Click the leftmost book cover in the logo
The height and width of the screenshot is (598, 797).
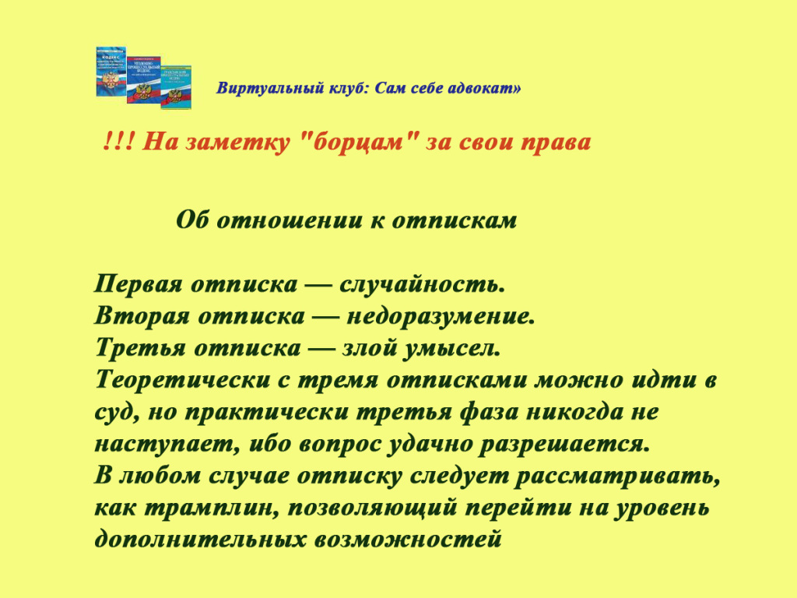pyautogui.click(x=111, y=72)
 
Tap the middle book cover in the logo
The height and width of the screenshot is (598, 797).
pyautogui.click(x=144, y=80)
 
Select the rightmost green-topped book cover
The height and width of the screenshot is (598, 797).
pyautogui.click(x=176, y=87)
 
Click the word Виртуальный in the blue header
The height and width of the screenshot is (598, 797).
pyautogui.click(x=271, y=88)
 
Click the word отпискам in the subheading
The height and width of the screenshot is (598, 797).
pyautogui.click(x=455, y=220)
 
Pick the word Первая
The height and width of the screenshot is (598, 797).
pyautogui.click(x=139, y=283)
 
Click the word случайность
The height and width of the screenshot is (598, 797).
pyautogui.click(x=422, y=283)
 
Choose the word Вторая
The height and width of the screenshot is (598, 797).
pyautogui.click(x=142, y=316)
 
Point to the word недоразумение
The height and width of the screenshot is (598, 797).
pyautogui.click(x=441, y=317)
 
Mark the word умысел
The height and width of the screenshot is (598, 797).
pyautogui.click(x=451, y=348)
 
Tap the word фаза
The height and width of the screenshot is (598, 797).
pyautogui.click(x=488, y=412)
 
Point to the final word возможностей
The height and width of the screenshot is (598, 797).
pyautogui.click(x=408, y=540)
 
